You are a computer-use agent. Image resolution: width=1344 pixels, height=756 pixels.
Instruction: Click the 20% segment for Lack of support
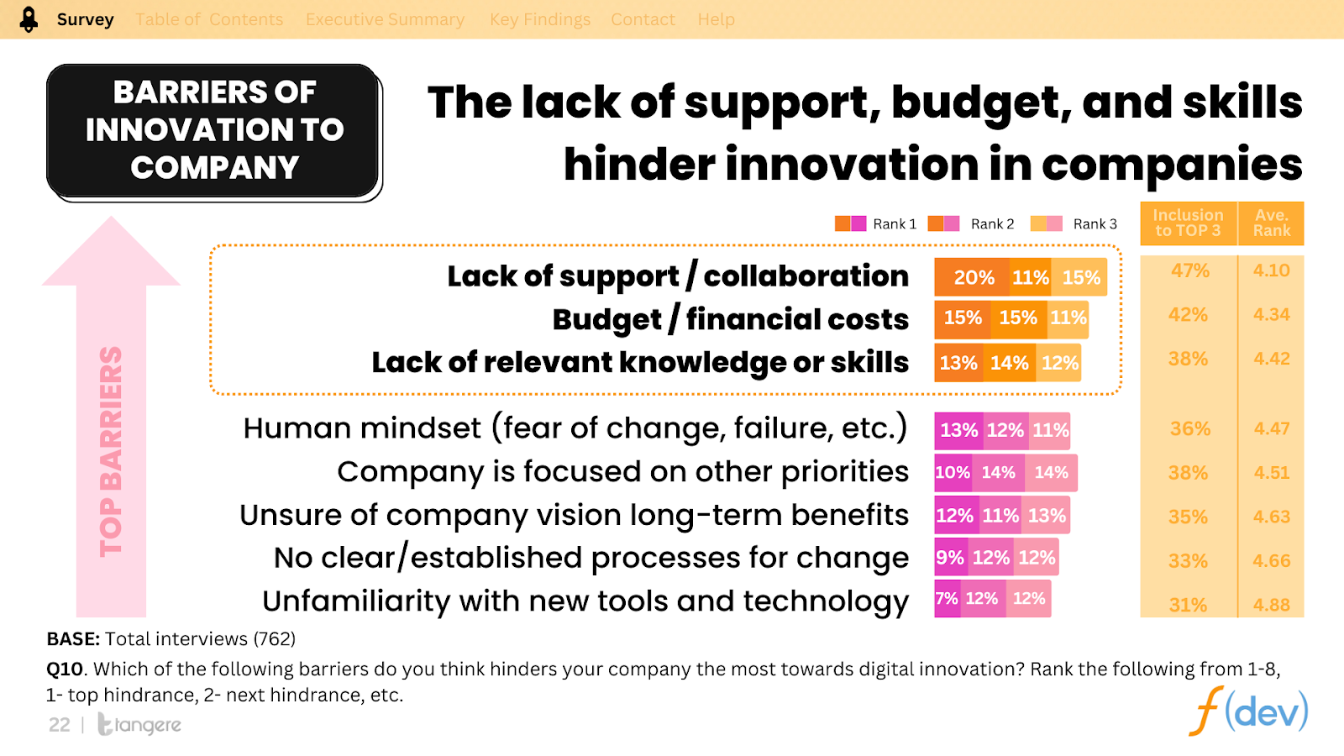[x=973, y=278]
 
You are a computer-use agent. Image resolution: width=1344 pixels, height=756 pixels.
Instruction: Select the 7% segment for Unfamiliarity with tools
[x=947, y=599]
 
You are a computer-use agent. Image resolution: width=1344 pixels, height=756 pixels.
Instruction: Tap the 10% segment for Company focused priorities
[x=953, y=473]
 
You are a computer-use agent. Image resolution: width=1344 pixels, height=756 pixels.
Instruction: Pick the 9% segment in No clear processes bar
[x=949, y=558]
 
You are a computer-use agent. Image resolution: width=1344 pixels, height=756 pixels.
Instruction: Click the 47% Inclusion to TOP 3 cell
[x=1189, y=270]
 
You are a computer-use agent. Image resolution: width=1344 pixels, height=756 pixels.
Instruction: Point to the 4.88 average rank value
[x=1271, y=605]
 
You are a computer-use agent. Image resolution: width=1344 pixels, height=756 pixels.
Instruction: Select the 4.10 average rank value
[x=1271, y=270]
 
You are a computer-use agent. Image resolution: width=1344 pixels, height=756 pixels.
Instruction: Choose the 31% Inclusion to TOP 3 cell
[x=1188, y=605]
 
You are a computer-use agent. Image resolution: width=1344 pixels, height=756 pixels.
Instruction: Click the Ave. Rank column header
[x=1271, y=223]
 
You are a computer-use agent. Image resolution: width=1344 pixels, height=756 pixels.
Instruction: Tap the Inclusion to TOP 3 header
[x=1188, y=223]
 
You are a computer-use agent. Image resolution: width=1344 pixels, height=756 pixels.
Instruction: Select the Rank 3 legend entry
[x=1074, y=224]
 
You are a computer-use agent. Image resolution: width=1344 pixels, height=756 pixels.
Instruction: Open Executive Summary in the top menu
[x=385, y=19]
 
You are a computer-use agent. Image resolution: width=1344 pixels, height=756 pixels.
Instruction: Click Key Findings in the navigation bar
[x=540, y=19]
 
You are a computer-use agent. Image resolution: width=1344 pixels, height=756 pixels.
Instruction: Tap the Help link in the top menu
[x=716, y=19]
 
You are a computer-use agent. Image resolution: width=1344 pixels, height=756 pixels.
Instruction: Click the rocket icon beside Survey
[x=29, y=19]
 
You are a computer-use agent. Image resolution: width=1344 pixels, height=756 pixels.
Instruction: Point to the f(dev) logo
[x=1248, y=711]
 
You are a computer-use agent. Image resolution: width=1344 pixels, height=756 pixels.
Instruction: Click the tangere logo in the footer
[x=139, y=724]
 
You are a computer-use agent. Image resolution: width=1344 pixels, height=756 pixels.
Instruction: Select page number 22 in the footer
[x=60, y=725]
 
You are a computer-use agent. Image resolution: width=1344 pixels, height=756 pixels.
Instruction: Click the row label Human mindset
[x=575, y=428]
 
